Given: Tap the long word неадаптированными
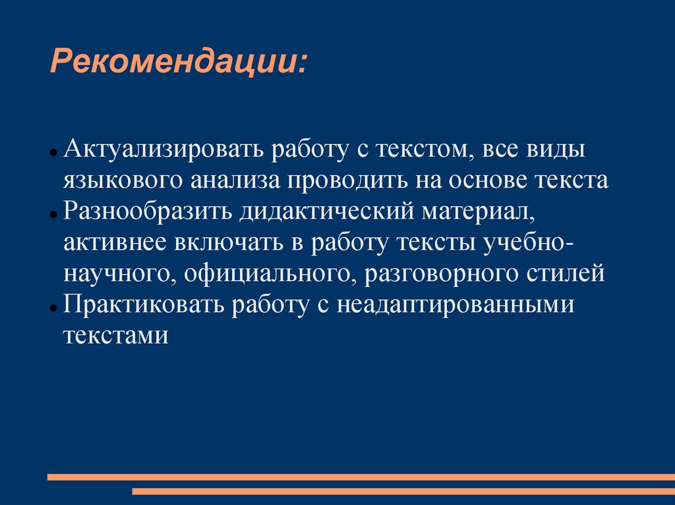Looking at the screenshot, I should [456, 305].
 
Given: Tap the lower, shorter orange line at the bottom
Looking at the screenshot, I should [403, 491].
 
